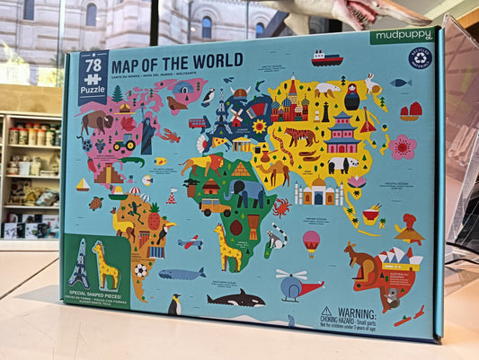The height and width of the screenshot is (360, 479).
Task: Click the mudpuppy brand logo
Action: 401,39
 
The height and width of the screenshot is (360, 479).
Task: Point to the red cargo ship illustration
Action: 327,59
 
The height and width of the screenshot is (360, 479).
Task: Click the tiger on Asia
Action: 301,137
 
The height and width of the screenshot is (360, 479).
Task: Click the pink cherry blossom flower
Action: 402,146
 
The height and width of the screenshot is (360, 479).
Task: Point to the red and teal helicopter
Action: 297,285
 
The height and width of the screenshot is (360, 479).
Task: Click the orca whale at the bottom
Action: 236,298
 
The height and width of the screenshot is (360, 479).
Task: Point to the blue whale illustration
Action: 182,274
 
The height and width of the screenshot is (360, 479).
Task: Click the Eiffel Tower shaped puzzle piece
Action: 78,264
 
